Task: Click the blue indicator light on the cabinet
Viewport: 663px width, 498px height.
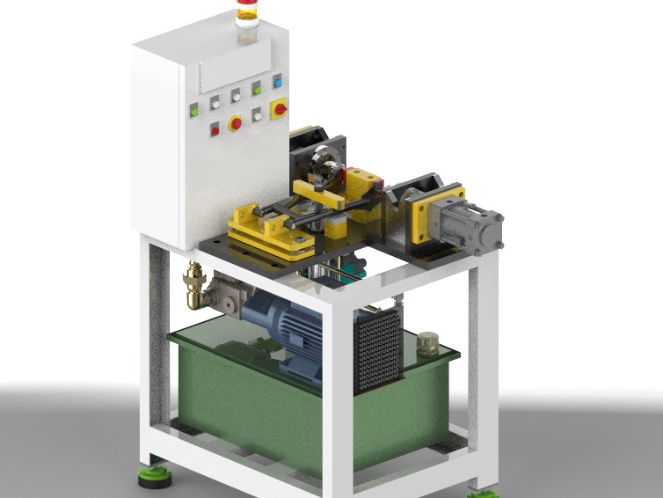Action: coord(277,83)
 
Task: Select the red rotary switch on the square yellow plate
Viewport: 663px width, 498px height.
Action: coord(280,109)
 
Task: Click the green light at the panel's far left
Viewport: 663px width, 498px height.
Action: coord(193,111)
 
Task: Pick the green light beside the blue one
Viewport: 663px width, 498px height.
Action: coord(257,88)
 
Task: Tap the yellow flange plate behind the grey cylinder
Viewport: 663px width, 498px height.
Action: coord(433,214)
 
